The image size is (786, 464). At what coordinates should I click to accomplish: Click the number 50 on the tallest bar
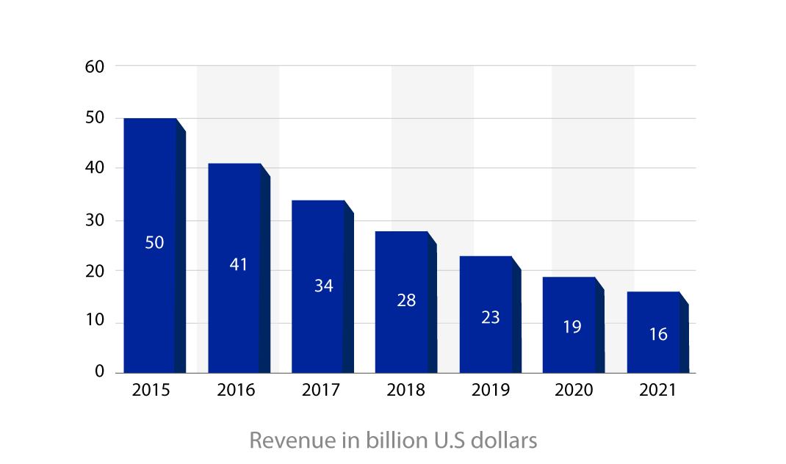coord(154,242)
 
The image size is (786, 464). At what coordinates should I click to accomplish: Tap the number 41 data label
coord(239,264)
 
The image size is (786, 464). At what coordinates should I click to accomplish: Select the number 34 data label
coord(324,286)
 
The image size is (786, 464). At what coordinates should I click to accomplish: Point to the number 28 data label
coord(406,300)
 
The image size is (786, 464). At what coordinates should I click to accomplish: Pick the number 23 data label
coord(491,317)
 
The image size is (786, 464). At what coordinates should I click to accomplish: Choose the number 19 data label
coord(572,327)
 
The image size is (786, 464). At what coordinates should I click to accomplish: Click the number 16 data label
coord(658,335)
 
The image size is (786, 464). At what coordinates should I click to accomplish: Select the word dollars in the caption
coord(505,441)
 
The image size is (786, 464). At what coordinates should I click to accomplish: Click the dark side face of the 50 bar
coord(181,250)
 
